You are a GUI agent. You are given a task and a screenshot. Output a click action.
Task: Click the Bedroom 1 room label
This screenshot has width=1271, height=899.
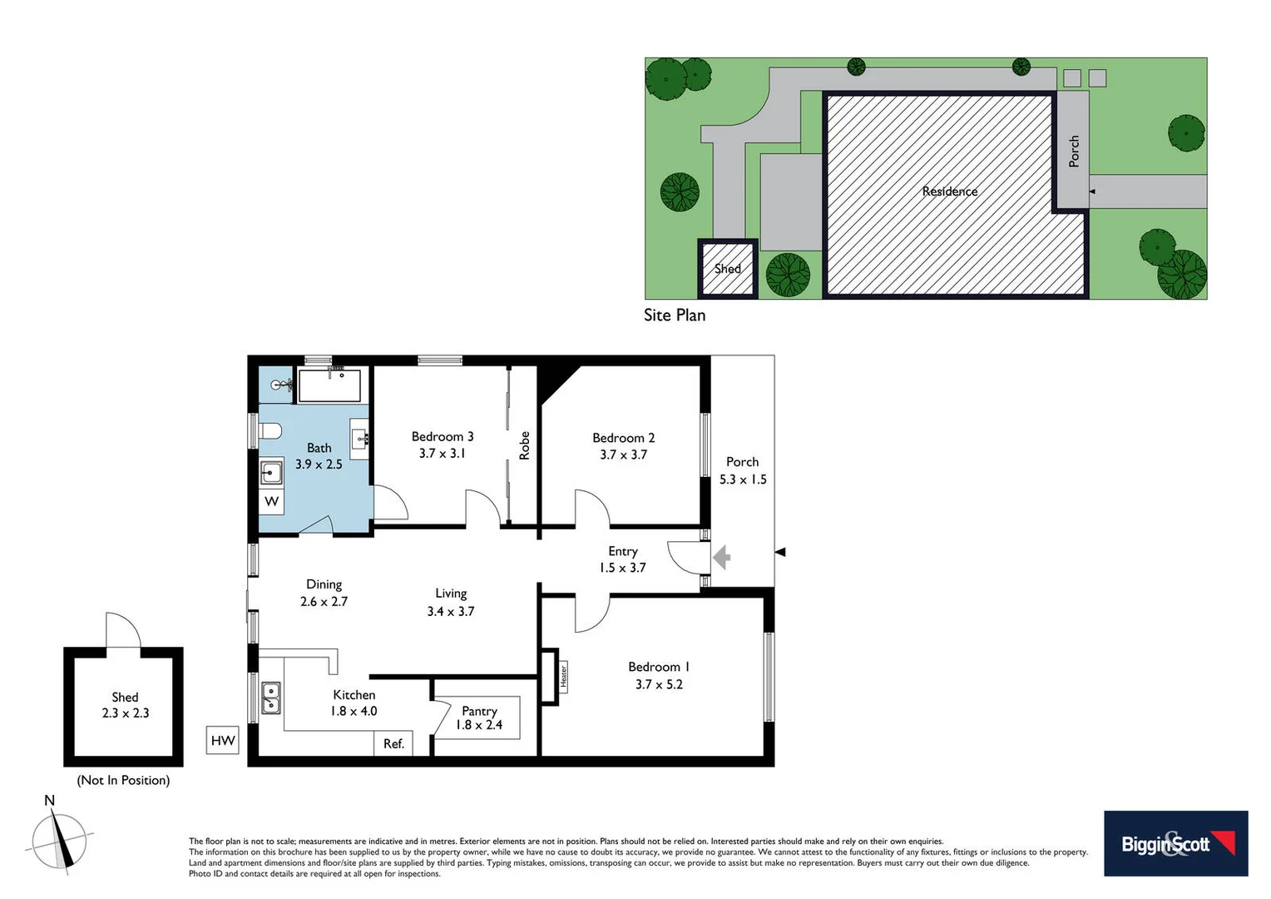click(658, 667)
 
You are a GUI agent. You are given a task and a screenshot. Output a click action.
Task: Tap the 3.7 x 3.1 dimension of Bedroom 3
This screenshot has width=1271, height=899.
click(442, 454)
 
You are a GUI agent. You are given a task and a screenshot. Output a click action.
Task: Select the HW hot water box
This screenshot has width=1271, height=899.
click(223, 740)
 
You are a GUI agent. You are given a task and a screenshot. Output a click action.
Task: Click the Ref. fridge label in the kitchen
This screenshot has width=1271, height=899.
click(393, 743)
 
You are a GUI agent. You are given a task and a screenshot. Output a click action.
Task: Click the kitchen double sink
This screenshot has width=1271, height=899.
click(271, 698)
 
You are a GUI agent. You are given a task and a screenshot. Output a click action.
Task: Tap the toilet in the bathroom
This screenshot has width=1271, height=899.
click(270, 431)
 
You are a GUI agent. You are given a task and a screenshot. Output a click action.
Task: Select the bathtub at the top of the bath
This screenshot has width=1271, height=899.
click(329, 386)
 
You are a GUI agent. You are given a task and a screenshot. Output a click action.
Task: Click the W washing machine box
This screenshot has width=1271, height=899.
click(271, 501)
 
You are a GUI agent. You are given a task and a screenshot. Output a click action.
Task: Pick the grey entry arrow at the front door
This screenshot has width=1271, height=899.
click(721, 556)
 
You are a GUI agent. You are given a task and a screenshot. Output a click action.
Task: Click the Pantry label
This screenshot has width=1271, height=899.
click(479, 711)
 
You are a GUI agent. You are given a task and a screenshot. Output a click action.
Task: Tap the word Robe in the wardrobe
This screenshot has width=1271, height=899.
click(524, 445)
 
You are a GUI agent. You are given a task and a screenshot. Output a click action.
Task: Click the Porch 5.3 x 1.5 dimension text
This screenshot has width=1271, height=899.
click(743, 479)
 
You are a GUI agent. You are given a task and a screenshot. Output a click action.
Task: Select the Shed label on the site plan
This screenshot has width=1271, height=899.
click(727, 269)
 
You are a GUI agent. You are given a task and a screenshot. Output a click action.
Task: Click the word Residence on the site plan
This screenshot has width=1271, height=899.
click(950, 191)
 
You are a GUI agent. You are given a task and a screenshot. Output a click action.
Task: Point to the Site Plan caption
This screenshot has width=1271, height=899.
click(675, 315)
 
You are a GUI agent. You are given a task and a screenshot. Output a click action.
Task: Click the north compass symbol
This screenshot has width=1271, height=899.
click(58, 839)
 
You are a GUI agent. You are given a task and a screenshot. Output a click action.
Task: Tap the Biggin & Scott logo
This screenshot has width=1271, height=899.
click(1175, 843)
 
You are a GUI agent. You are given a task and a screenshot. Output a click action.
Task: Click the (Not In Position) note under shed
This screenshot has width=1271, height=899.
click(123, 780)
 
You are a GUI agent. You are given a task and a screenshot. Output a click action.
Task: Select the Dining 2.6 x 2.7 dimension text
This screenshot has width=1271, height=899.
click(324, 602)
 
